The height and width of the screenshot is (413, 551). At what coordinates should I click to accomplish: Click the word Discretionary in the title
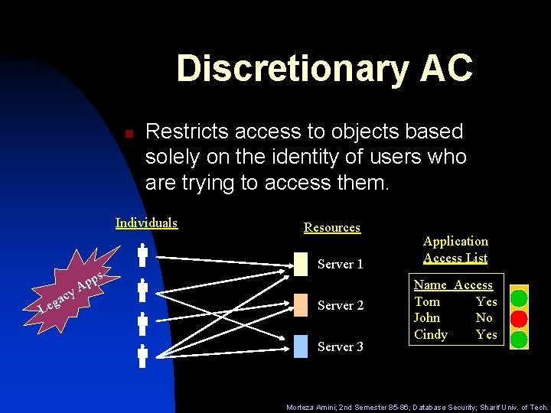[290, 68]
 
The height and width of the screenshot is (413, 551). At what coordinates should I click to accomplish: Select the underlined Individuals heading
[146, 223]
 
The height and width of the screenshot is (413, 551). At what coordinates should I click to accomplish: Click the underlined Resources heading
[331, 227]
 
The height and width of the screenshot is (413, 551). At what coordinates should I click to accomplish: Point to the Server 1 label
[340, 265]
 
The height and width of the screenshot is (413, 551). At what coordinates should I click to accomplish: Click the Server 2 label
[340, 305]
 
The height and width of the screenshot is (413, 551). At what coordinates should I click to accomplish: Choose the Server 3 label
[340, 346]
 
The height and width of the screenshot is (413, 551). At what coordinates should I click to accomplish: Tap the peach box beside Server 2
[301, 305]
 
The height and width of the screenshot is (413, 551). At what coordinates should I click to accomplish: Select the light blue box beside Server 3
[301, 346]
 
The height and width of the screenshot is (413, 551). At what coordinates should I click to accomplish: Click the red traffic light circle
[520, 317]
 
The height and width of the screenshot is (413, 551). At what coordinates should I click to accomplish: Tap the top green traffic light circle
[520, 297]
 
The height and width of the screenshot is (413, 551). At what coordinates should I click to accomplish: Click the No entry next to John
[484, 317]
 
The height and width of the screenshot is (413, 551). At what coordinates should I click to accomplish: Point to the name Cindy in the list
[430, 334]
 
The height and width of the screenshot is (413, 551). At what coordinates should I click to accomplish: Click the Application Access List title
[455, 249]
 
